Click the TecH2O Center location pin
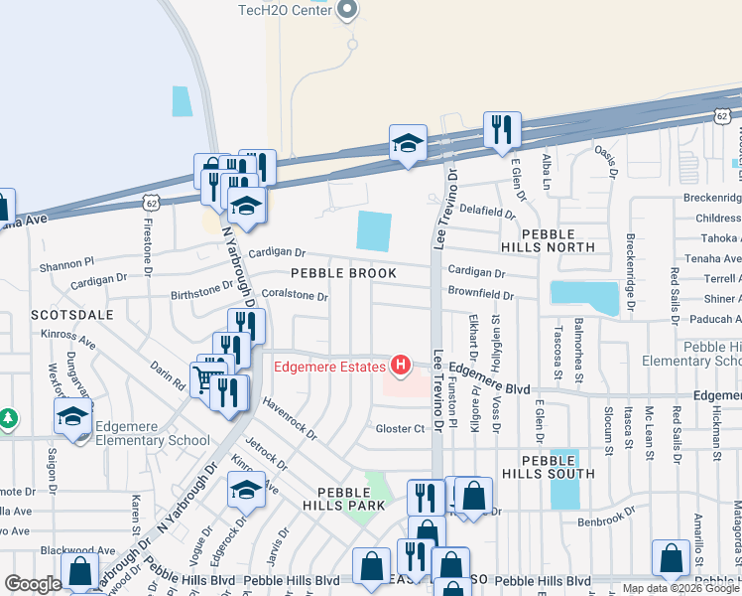[346, 10]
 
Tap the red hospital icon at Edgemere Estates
[401, 367]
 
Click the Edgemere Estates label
[329, 368]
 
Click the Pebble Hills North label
[558, 239]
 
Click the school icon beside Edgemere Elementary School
[72, 416]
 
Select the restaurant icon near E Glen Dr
[501, 129]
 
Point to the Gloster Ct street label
[400, 429]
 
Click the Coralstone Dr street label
[295, 296]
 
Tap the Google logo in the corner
[33, 584]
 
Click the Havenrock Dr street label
[290, 418]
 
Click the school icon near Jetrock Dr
[246, 490]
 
